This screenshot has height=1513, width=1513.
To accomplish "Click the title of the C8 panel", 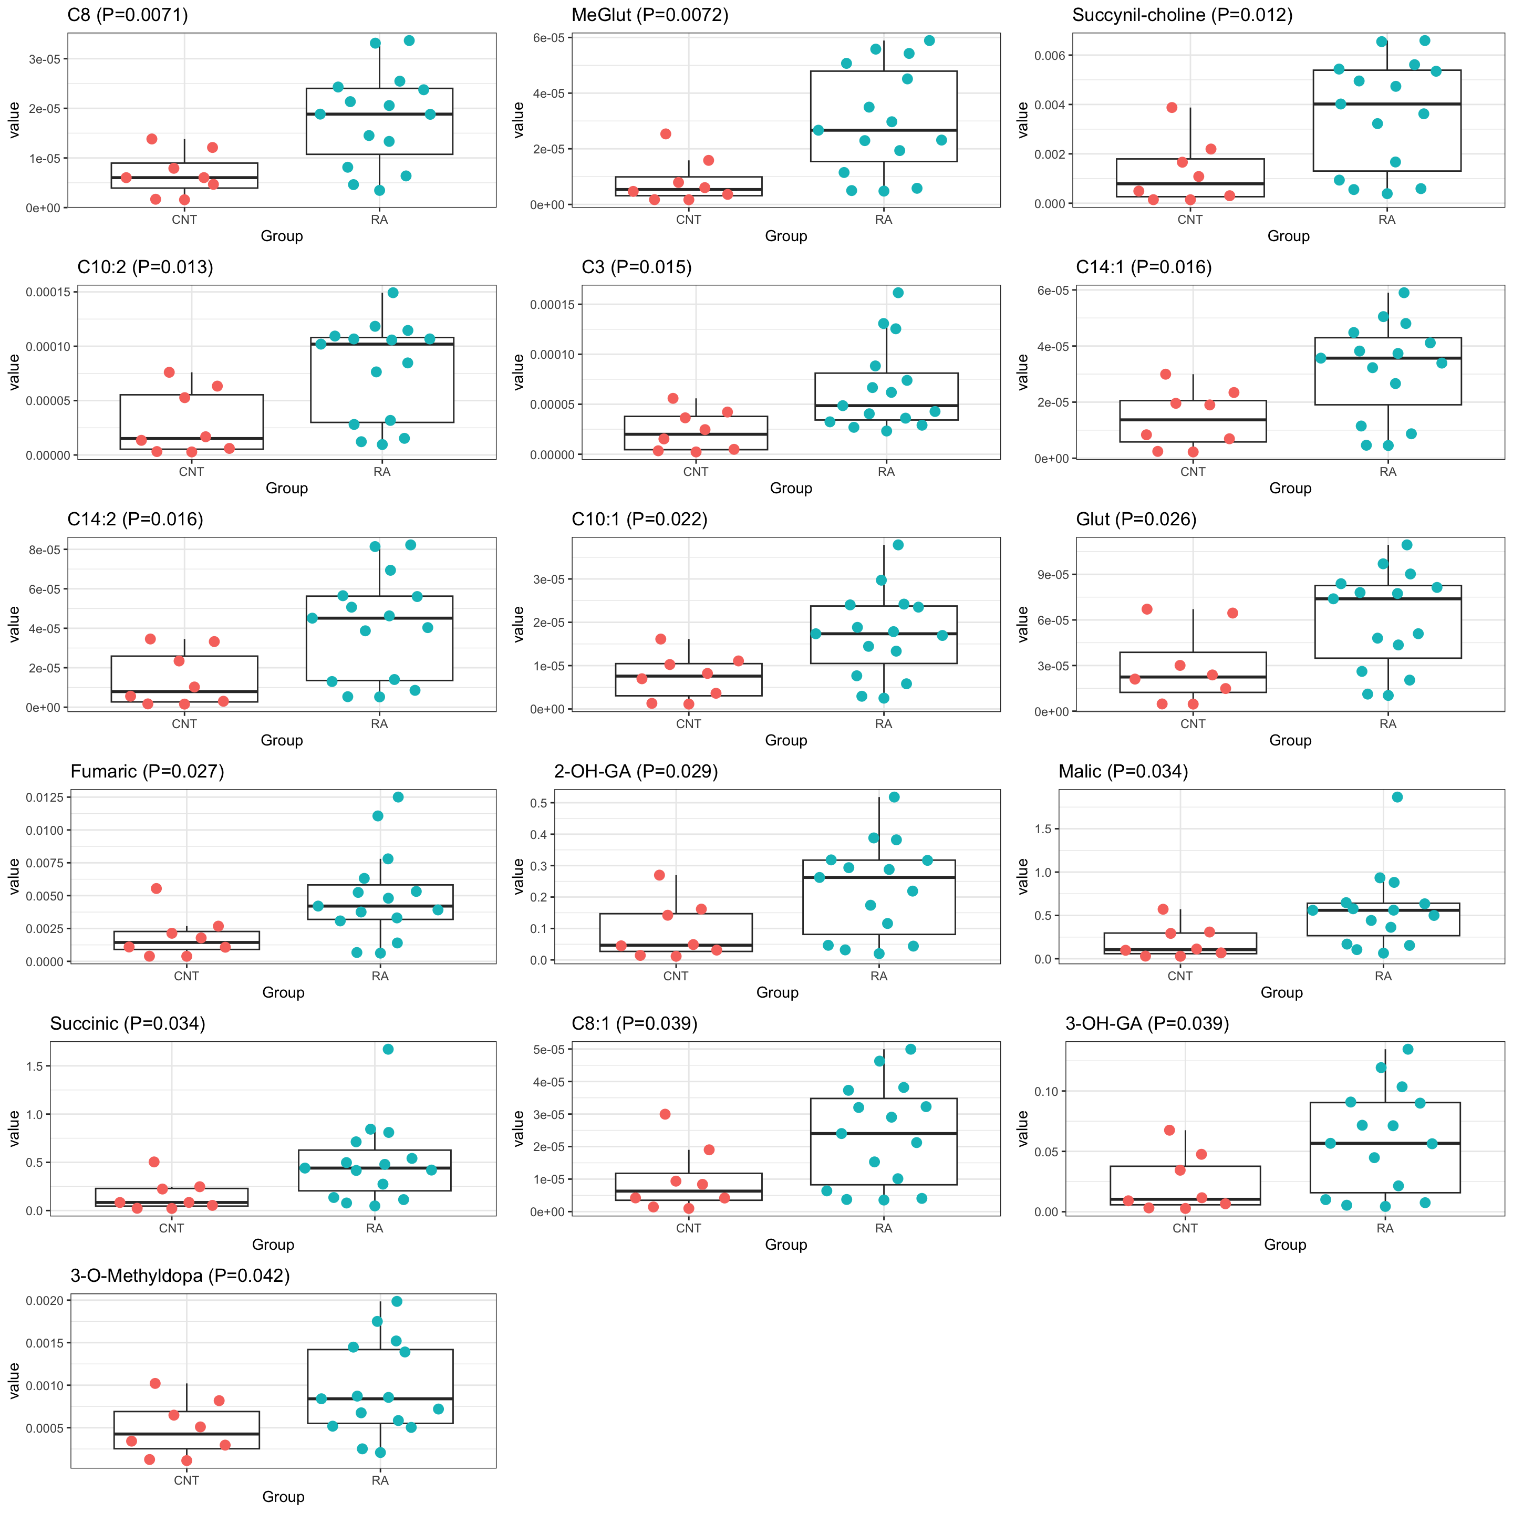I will (128, 15).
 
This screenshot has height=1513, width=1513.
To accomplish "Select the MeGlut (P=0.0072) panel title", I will (649, 15).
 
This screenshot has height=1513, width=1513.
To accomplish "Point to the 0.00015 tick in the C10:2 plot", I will (48, 292).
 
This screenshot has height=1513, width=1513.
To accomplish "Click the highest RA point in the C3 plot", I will (898, 293).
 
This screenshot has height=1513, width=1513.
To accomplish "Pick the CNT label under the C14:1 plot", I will (1193, 471).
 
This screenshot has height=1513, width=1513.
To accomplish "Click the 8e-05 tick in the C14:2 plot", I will (45, 550).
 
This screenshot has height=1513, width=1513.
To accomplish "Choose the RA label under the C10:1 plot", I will (883, 723).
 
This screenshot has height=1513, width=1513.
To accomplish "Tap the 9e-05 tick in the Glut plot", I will (1052, 575).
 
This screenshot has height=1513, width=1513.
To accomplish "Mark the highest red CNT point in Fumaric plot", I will (157, 888).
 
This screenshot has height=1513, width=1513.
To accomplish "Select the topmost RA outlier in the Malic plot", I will (1397, 797).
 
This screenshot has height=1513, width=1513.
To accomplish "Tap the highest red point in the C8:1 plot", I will (665, 1114).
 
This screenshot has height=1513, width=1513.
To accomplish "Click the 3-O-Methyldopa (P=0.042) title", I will (180, 1276).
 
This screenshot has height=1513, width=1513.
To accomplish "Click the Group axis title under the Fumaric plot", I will (283, 992).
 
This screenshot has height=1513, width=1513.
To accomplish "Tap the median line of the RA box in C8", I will (379, 115).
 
